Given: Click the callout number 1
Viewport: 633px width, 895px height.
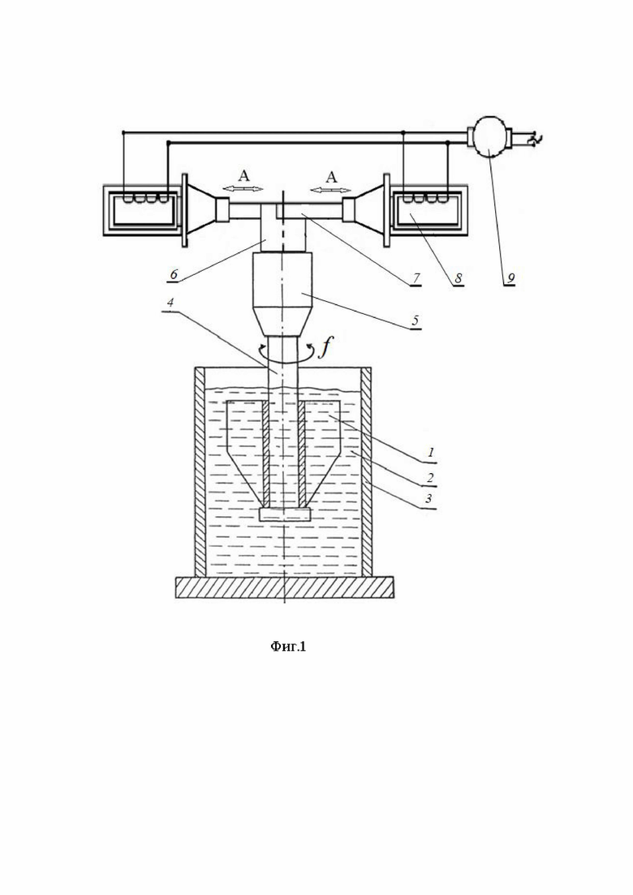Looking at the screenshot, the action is point(432,454).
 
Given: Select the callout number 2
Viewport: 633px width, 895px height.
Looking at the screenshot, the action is point(431,477).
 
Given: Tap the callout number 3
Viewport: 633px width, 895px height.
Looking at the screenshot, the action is point(430,498).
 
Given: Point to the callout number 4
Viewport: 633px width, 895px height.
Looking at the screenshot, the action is point(170,303).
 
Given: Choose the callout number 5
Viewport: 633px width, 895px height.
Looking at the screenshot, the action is point(416,321).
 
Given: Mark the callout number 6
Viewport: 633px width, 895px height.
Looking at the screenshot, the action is point(174,274).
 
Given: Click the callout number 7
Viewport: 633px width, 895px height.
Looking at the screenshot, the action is point(416,278).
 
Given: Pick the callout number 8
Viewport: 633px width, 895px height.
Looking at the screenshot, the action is point(458,278).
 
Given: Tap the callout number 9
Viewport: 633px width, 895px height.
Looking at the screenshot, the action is point(510,278).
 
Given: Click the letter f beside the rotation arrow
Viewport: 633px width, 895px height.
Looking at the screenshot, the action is point(324,346).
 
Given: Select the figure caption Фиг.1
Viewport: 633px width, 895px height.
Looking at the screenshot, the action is point(287,646).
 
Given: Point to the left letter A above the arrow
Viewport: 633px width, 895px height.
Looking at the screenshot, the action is point(243,176).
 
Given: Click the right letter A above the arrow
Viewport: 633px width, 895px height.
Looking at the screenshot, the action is point(332,176).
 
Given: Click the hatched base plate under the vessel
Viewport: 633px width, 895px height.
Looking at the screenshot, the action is point(284,587).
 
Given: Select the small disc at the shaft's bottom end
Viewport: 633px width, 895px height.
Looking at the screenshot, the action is point(284,514).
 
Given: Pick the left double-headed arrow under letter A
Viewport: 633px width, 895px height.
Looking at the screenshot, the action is point(243,189).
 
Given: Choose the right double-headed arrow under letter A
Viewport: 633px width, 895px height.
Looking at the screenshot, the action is point(332,189).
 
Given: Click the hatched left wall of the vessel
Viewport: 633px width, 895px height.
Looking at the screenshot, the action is point(200,471).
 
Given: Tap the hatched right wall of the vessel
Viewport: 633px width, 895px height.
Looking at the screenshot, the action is point(367,471).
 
